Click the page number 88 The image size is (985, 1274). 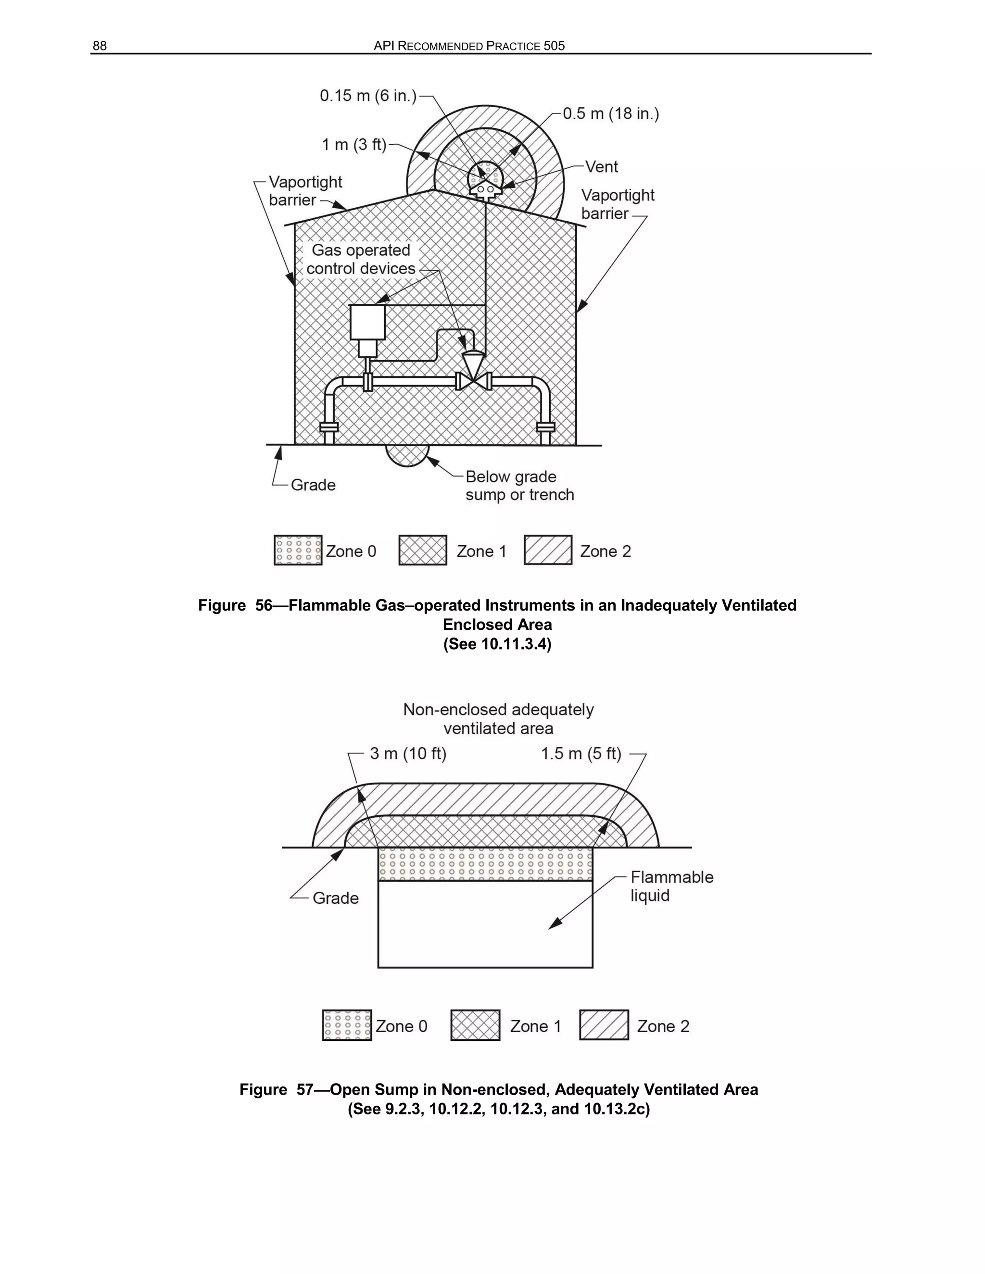(x=100, y=46)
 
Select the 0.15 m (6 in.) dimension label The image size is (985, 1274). (x=367, y=96)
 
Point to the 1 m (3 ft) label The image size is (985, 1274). (x=354, y=144)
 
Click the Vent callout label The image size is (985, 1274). (x=601, y=167)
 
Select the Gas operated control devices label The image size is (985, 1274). (x=361, y=259)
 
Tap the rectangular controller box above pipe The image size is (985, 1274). (x=367, y=322)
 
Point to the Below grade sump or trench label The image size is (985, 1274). (x=519, y=486)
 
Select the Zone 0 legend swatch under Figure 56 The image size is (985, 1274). (x=298, y=550)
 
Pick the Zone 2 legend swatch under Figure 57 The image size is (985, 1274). (x=604, y=1025)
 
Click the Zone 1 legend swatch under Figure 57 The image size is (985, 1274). (x=475, y=1025)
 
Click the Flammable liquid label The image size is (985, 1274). (x=671, y=886)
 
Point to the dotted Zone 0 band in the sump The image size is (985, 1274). (x=485, y=864)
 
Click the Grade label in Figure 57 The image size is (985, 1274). (x=336, y=898)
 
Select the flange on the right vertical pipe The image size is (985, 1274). (x=545, y=427)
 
